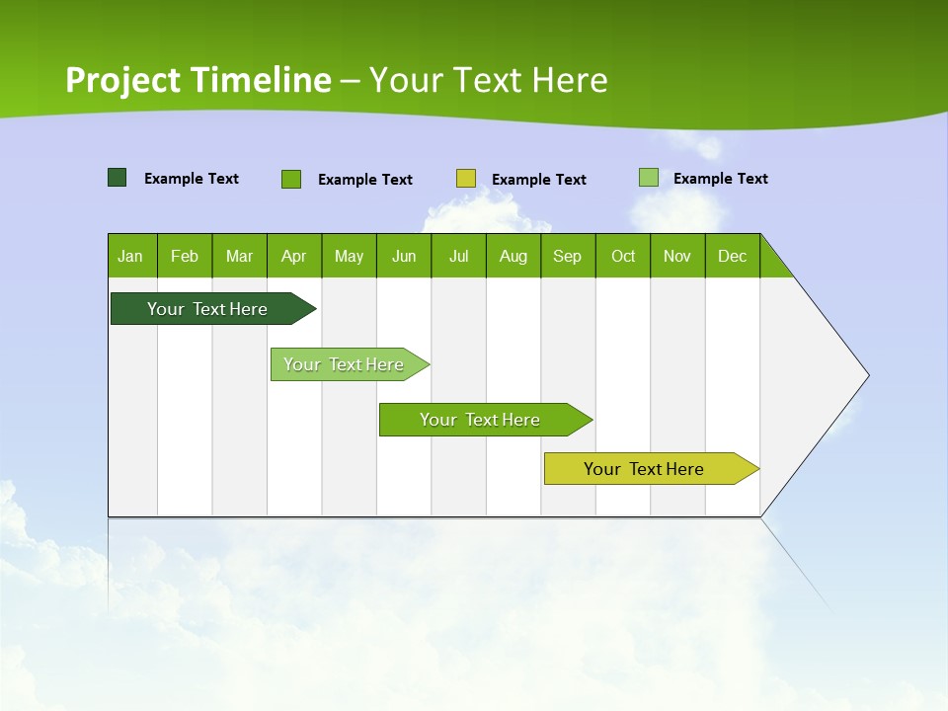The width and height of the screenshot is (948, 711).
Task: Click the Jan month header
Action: tap(131, 256)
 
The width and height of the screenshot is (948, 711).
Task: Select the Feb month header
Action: tap(185, 256)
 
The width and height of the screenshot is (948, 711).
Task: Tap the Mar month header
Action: tap(239, 256)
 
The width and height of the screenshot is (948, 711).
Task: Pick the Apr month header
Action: tap(294, 256)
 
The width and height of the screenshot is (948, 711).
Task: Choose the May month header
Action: tap(349, 256)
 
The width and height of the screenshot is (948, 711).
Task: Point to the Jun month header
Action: tap(404, 256)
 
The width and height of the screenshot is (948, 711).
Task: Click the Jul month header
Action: tap(458, 256)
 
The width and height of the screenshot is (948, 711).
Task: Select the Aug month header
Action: tap(513, 256)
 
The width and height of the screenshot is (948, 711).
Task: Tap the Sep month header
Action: tap(568, 256)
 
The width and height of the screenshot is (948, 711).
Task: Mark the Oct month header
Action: tap(623, 256)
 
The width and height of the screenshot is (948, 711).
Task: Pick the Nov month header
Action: tap(677, 256)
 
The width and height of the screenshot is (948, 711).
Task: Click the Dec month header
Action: tap(733, 256)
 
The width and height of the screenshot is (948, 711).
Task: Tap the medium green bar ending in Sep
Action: tap(481, 420)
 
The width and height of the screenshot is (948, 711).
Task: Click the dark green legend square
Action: tap(118, 178)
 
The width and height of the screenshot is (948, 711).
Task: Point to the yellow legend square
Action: tap(466, 179)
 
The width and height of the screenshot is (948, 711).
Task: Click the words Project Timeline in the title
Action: tap(198, 80)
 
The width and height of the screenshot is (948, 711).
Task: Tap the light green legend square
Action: tap(649, 178)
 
